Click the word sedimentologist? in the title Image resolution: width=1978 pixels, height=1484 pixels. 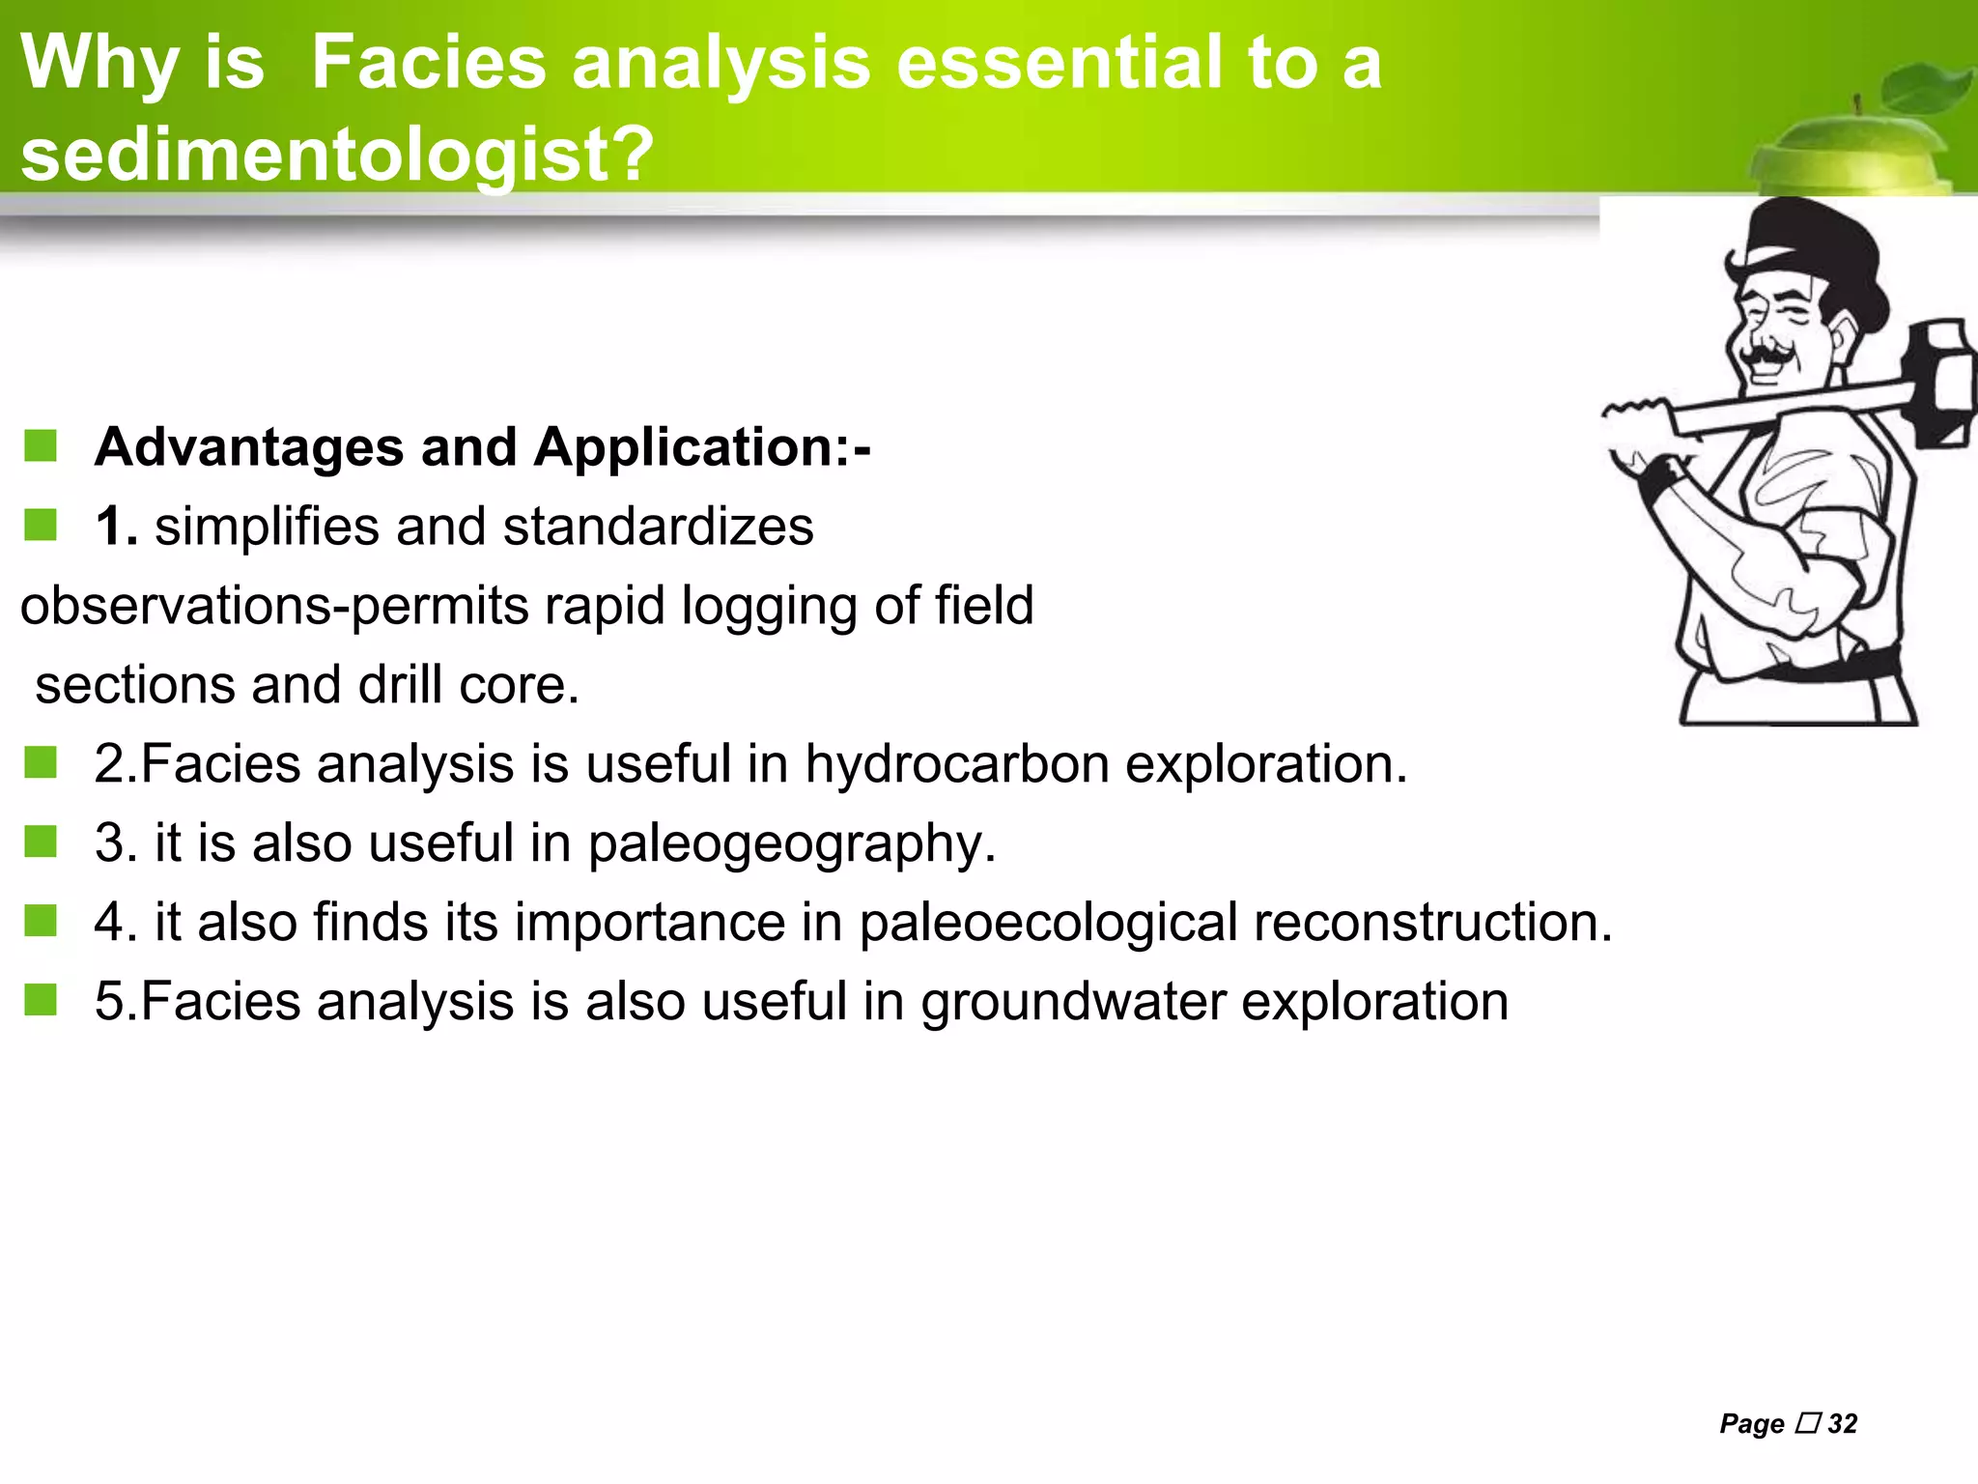337,155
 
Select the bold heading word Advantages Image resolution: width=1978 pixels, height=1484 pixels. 249,447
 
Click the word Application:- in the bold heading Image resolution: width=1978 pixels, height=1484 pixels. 702,447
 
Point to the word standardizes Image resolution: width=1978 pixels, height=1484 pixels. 658,527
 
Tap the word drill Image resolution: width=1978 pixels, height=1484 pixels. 401,685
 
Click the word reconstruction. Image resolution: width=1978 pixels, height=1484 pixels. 1433,922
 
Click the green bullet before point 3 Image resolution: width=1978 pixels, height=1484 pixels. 41,842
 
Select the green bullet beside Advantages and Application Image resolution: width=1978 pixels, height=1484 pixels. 41,446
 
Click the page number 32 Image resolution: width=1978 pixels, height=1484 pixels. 1842,1424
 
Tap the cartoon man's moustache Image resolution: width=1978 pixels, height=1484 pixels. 1766,356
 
